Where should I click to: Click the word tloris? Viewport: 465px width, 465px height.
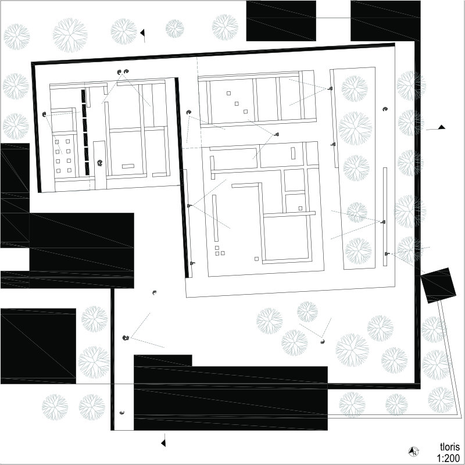(450, 447)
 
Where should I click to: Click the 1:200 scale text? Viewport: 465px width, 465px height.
(448, 458)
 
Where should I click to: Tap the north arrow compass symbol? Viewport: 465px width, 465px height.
(413, 452)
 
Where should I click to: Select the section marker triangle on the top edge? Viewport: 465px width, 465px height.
(142, 33)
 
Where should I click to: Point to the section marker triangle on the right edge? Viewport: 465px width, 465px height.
(442, 127)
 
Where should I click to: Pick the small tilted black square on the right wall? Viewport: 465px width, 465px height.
(438, 285)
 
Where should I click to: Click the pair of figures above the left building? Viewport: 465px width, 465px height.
(123, 71)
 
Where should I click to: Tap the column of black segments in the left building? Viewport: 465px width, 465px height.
(85, 132)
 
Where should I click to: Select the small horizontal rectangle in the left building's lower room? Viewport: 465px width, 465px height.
(128, 166)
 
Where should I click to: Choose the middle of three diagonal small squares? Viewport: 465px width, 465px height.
(237, 103)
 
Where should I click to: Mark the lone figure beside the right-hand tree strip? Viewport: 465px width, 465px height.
(385, 109)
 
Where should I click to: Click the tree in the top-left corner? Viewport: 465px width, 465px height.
(16, 37)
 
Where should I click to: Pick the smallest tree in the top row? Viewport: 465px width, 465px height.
(175, 28)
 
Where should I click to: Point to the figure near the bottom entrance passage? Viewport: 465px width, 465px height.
(122, 413)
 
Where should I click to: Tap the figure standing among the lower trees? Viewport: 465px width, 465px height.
(323, 342)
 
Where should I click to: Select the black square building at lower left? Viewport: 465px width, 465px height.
(38, 346)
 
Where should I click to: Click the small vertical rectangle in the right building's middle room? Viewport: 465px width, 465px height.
(294, 153)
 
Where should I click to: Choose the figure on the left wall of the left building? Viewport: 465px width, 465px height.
(45, 114)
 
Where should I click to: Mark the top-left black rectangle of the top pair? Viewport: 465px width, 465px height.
(281, 21)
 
